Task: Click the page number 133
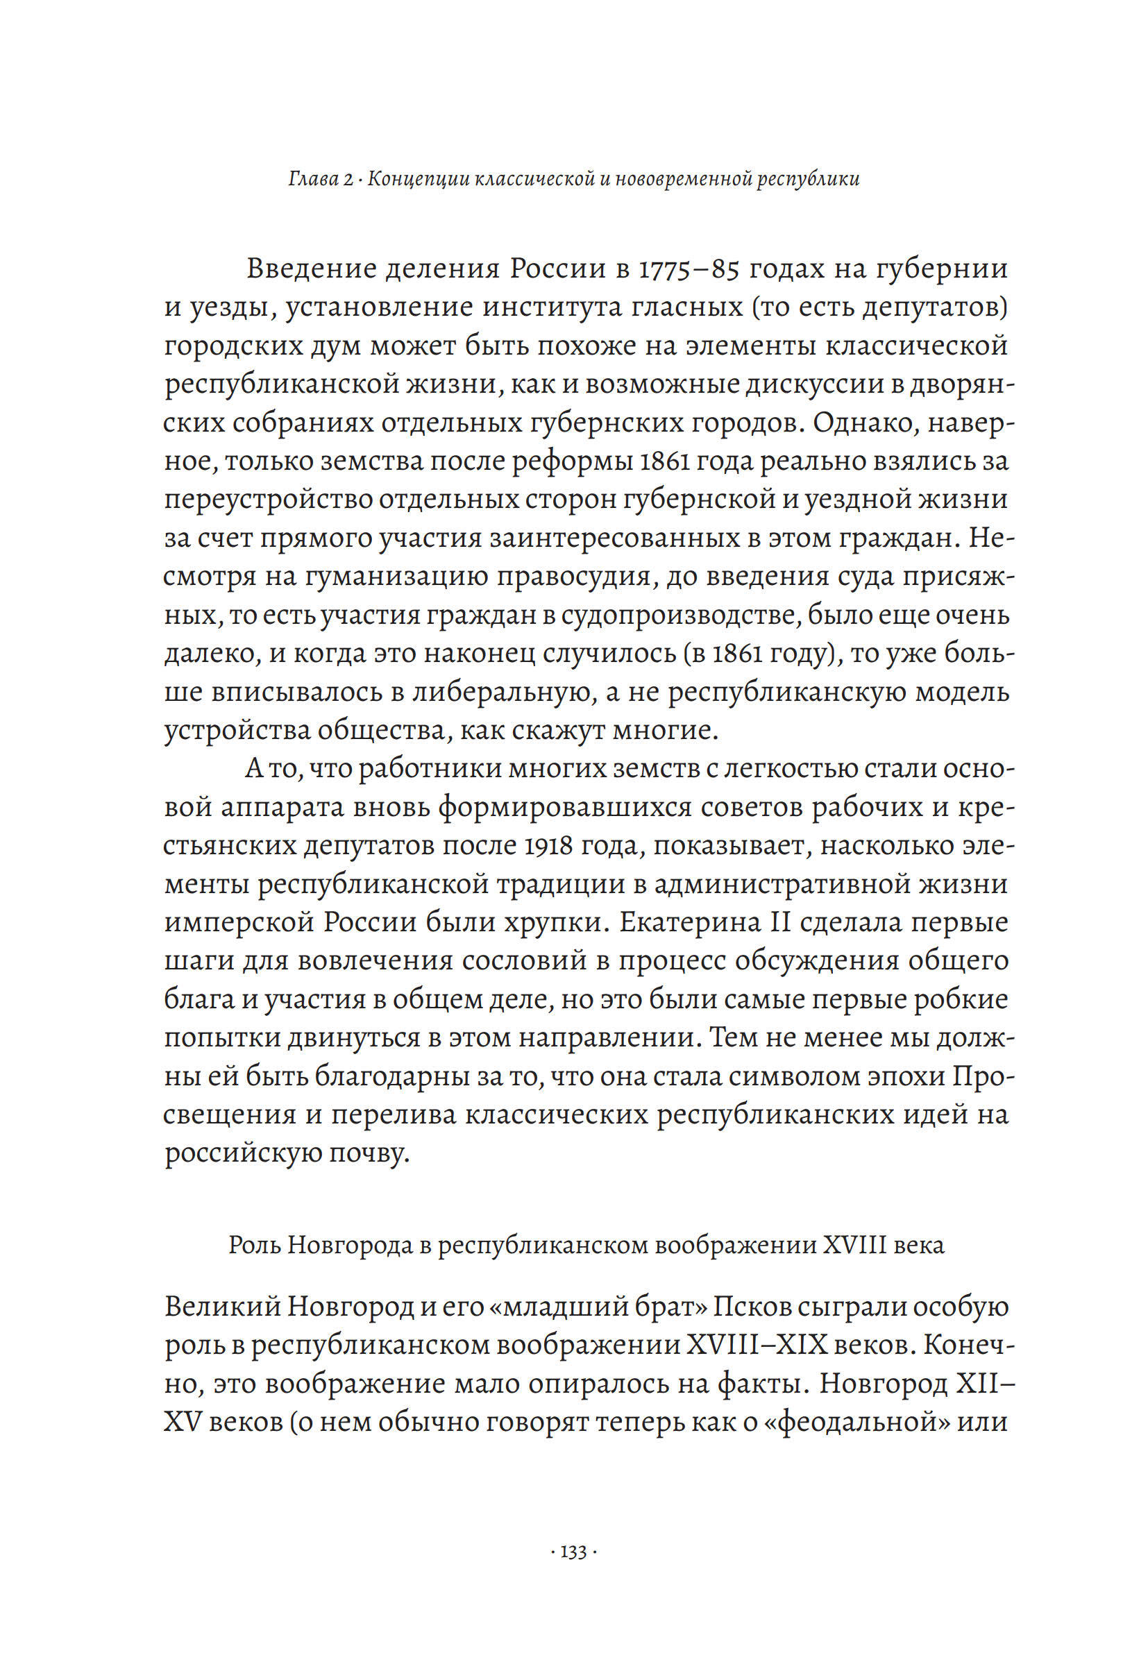click(x=573, y=1553)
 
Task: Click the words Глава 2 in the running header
click(x=319, y=178)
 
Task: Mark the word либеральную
click(x=499, y=693)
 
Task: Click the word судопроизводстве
click(x=679, y=616)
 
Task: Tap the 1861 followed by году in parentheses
click(x=743, y=654)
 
